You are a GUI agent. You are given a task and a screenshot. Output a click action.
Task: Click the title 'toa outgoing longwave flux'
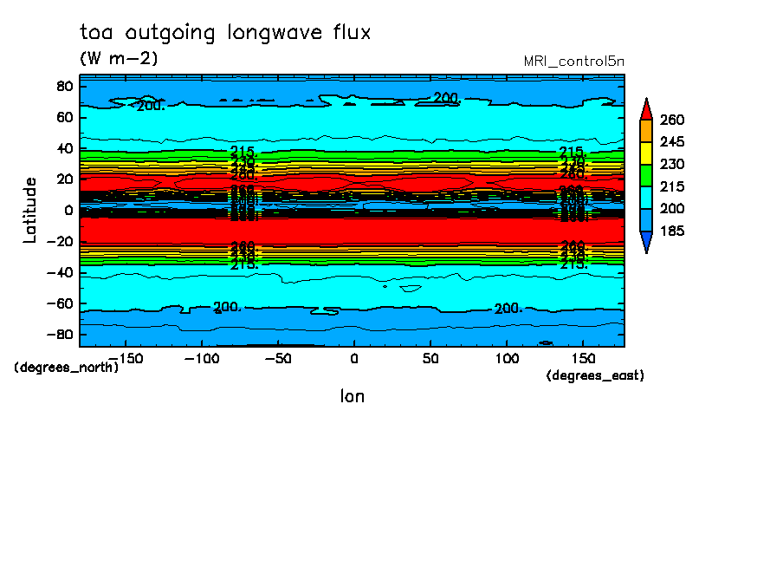[225, 33]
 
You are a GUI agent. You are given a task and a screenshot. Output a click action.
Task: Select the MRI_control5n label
[574, 61]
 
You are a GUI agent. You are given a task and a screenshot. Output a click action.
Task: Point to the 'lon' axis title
[352, 396]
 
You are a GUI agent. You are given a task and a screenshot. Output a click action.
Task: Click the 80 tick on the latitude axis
[63, 86]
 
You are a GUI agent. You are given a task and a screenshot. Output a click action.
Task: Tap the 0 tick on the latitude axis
[67, 210]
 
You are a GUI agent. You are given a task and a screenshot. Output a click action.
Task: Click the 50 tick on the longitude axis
[430, 358]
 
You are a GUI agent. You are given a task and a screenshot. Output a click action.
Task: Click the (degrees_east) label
[595, 375]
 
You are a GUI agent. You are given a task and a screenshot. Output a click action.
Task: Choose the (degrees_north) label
[66, 367]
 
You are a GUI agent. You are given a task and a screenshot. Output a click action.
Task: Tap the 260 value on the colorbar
[673, 119]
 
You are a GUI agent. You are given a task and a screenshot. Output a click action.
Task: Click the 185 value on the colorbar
[673, 231]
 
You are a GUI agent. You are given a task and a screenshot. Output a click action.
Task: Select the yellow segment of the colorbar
[646, 153]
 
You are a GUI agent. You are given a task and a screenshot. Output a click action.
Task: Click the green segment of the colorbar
[646, 175]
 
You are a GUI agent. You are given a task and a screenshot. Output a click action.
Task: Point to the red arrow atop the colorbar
[646, 109]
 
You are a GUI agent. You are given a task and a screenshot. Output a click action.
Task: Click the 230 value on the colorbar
[673, 164]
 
